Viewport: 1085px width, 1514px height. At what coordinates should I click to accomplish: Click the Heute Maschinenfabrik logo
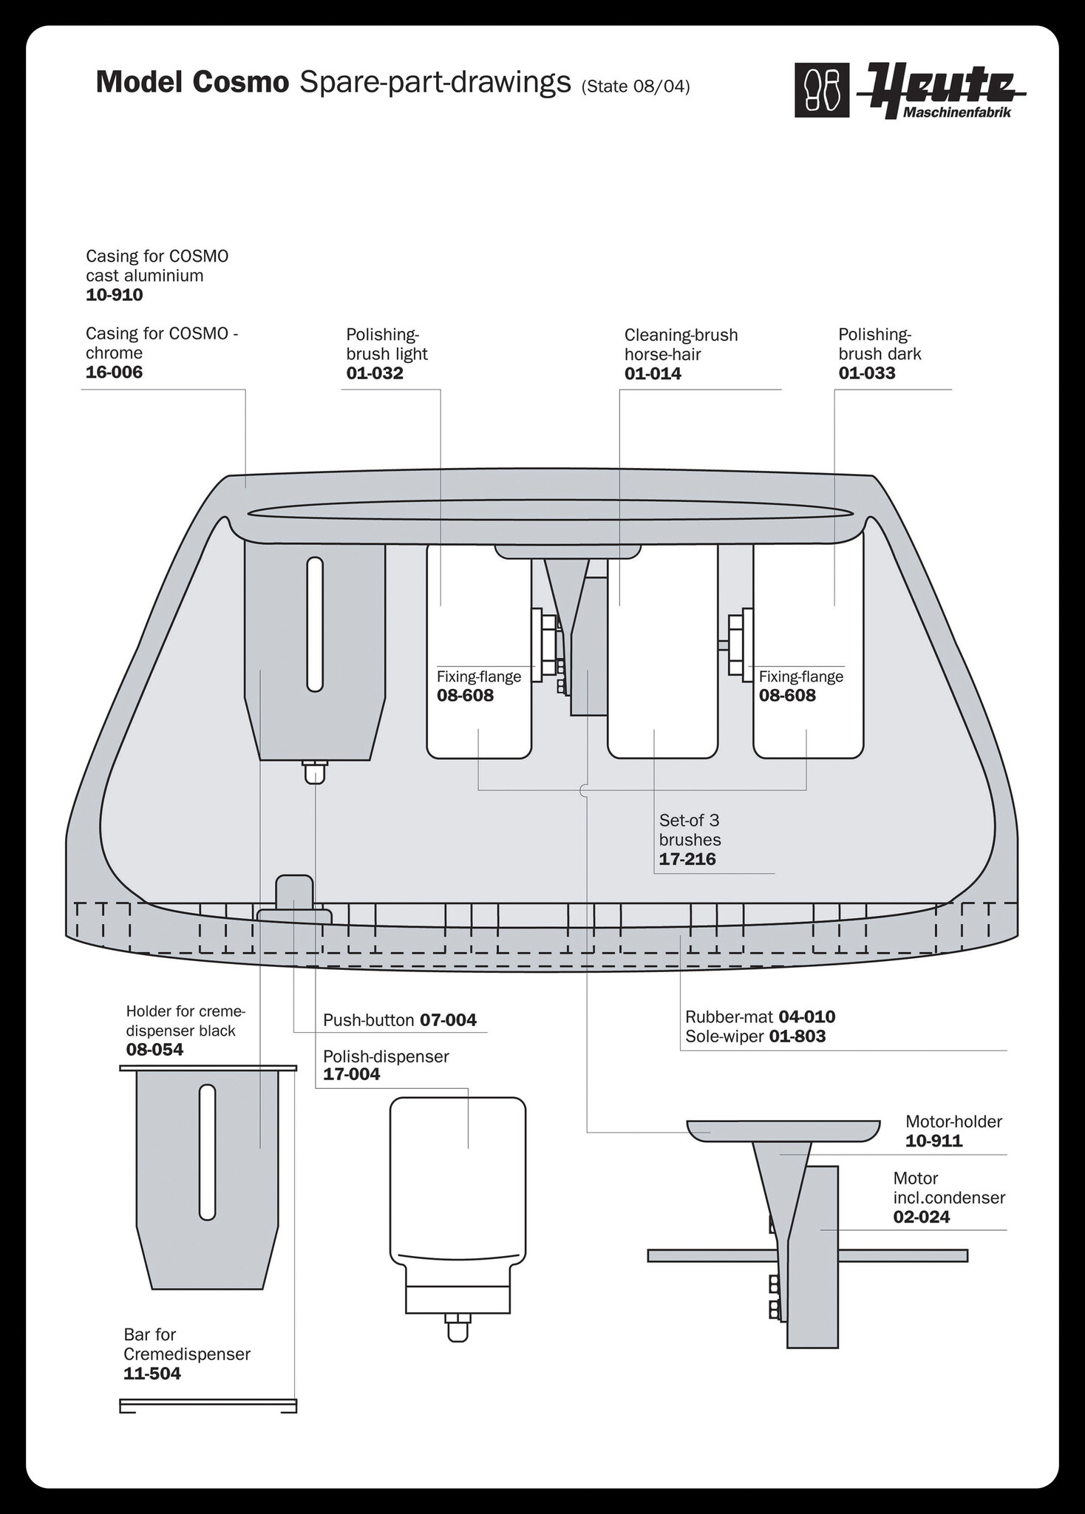click(911, 91)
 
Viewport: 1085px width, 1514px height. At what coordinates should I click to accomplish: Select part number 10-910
click(115, 295)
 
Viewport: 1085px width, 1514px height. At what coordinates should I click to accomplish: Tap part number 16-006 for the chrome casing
click(115, 372)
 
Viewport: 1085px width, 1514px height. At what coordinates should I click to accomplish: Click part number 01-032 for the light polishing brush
click(375, 373)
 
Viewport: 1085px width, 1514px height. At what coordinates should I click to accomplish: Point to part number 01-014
click(653, 373)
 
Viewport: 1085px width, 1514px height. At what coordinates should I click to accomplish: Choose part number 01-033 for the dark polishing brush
click(867, 373)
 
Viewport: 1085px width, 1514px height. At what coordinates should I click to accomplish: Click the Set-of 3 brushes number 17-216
click(687, 859)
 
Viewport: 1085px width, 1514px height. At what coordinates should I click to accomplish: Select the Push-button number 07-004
click(449, 1021)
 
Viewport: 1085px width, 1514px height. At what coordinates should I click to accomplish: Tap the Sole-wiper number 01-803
click(797, 1036)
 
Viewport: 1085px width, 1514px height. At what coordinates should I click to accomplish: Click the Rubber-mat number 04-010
click(807, 1016)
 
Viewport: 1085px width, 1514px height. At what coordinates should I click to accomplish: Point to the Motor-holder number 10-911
click(934, 1141)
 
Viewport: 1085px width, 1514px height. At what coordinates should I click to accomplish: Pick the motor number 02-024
click(922, 1217)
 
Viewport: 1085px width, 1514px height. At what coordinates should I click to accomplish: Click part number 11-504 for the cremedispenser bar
click(152, 1374)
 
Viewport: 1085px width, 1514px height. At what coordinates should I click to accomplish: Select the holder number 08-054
click(154, 1050)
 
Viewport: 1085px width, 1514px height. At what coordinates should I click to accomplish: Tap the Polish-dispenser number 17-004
click(352, 1074)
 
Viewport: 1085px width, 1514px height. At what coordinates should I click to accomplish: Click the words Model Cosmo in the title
click(192, 83)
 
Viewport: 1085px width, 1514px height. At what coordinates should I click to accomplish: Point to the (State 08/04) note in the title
click(636, 87)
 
